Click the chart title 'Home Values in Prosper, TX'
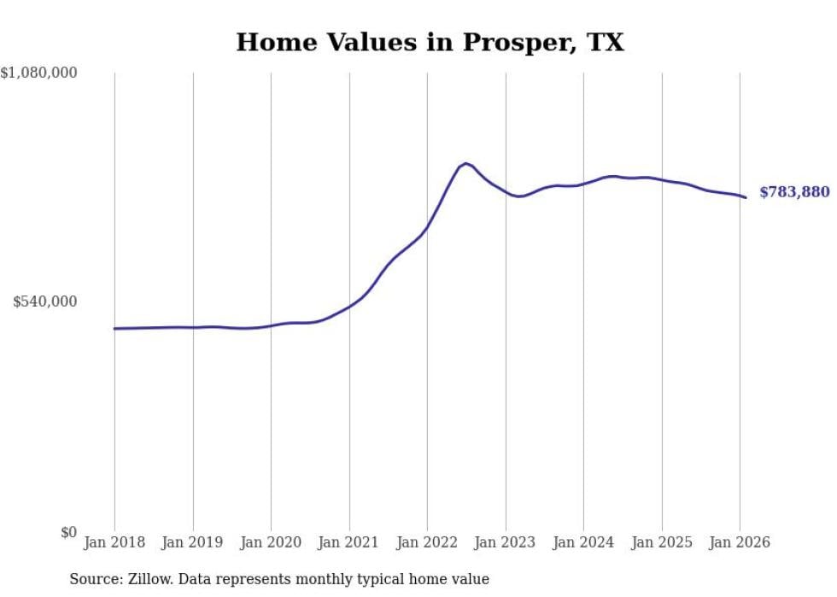pyautogui.click(x=430, y=42)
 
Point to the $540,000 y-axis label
pyautogui.click(x=44, y=301)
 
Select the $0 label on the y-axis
pyautogui.click(x=68, y=532)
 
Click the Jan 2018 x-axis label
pyautogui.click(x=114, y=542)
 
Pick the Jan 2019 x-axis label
pyautogui.click(x=192, y=542)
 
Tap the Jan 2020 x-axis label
pyautogui.click(x=271, y=542)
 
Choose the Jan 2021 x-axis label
pyautogui.click(x=348, y=542)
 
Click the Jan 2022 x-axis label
pyautogui.click(x=427, y=542)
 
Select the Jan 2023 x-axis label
pyautogui.click(x=505, y=542)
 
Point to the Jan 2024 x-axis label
pyautogui.click(x=583, y=542)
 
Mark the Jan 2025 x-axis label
pyautogui.click(x=661, y=542)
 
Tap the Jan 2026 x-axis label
pyautogui.click(x=740, y=542)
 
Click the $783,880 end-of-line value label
pyautogui.click(x=794, y=192)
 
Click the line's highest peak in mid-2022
pyautogui.click(x=465, y=163)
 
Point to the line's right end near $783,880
pyautogui.click(x=746, y=197)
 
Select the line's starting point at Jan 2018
pyautogui.click(x=114, y=328)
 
